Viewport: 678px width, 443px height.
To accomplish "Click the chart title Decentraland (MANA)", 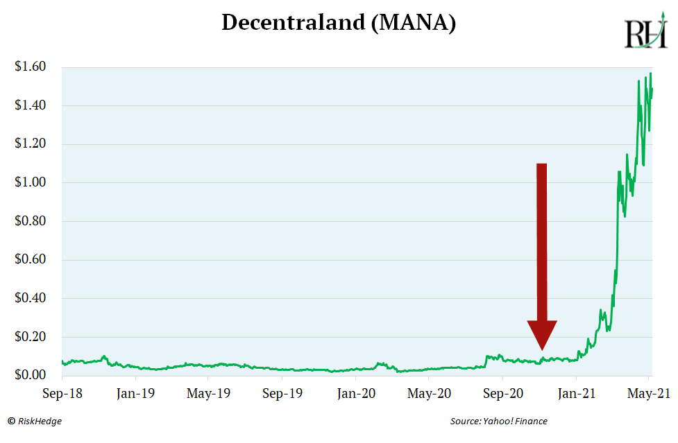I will (339, 23).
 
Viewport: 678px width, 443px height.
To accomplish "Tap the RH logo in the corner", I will (645, 33).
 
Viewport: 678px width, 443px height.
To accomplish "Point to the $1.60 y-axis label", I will (30, 67).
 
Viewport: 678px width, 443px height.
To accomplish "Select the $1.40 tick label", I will (30, 106).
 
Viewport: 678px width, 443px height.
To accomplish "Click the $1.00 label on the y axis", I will (30, 183).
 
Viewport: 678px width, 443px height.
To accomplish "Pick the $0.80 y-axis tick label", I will (30, 222).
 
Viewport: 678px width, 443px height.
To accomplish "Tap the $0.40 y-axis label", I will (30, 299).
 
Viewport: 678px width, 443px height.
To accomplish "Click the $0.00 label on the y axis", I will (30, 376).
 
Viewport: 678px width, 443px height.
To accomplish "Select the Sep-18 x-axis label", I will (62, 394).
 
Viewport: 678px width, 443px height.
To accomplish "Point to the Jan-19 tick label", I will (135, 394).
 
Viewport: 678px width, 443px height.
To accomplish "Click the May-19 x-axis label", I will (208, 394).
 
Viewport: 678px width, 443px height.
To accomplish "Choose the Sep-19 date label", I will (282, 394).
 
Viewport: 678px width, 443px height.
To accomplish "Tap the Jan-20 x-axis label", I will (356, 394).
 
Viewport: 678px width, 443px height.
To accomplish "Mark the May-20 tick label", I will (429, 394).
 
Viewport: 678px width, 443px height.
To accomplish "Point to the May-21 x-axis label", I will (649, 394).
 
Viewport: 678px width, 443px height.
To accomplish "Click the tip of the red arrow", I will (542, 349).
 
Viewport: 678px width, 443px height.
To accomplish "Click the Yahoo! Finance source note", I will (498, 421).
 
